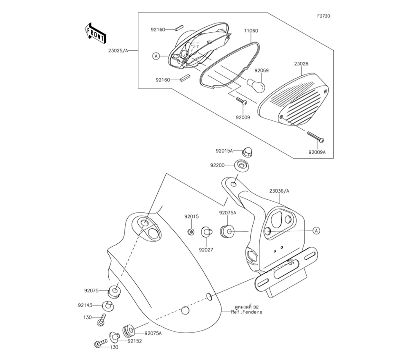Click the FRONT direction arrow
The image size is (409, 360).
pyautogui.click(x=95, y=33)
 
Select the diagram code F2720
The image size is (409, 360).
pyautogui.click(x=323, y=16)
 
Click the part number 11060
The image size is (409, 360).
pyautogui.click(x=251, y=31)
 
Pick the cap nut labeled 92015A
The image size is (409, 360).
pyautogui.click(x=247, y=151)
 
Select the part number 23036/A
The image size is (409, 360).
pyautogui.click(x=279, y=191)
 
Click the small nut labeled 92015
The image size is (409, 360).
pyautogui.click(x=191, y=232)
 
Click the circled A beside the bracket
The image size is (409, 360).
pyautogui.click(x=316, y=231)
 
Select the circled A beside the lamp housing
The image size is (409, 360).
pyautogui.click(x=156, y=56)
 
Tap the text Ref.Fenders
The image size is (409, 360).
pyautogui.click(x=246, y=312)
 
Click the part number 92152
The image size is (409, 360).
pyautogui.click(x=134, y=340)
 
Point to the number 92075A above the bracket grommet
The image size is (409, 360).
pyautogui.click(x=227, y=213)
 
